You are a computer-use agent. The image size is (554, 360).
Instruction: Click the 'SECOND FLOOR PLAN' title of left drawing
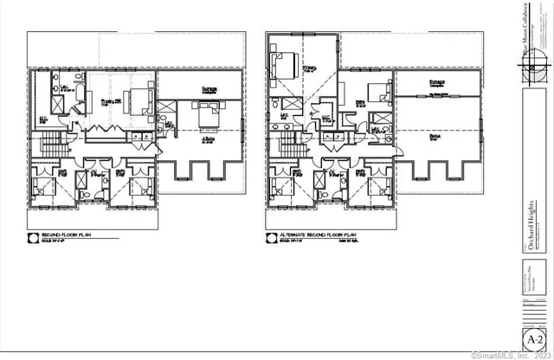[x=61, y=233]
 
